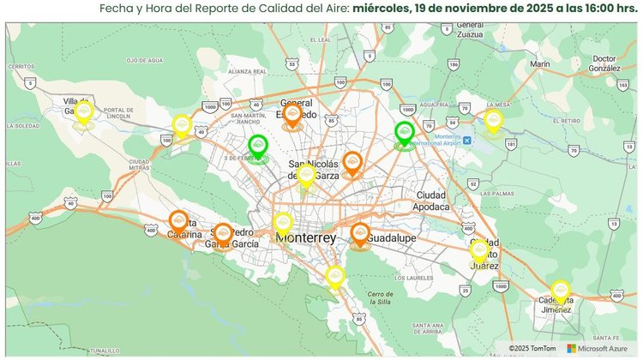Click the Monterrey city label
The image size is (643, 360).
coord(306,237)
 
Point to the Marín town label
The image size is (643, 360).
coord(540,63)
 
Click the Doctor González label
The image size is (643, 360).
coord(605,63)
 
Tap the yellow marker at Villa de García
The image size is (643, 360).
coord(83,112)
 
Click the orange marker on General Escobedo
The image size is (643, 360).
coord(292,116)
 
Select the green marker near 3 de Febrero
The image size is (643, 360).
coord(258,147)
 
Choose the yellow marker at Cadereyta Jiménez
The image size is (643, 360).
coord(561,291)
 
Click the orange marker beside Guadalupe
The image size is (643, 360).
coord(360,234)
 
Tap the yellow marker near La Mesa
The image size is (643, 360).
coord(493,120)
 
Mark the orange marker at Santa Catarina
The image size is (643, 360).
coord(179,222)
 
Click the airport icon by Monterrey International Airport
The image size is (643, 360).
coord(466,140)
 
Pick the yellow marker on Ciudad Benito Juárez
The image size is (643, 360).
coord(479,250)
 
